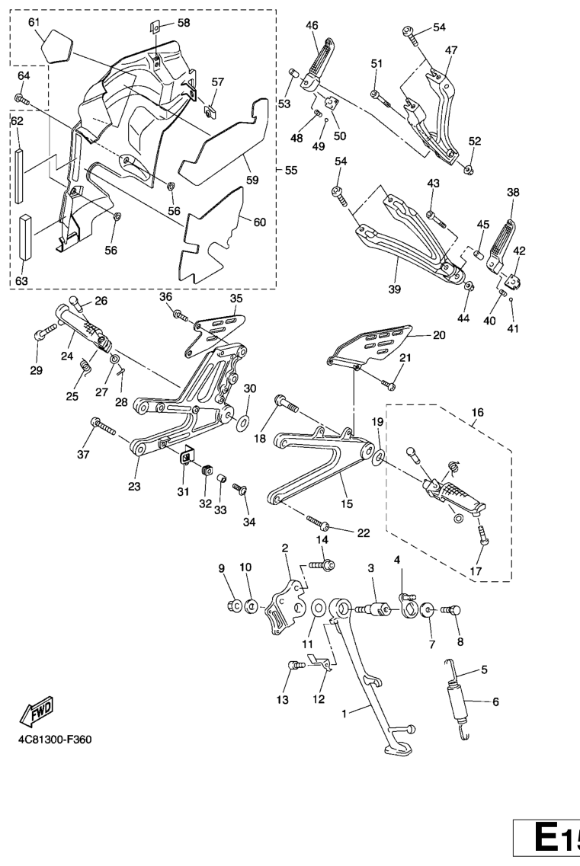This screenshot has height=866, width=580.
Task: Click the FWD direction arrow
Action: coord(37,711)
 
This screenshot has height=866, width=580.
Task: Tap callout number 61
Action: coord(34,23)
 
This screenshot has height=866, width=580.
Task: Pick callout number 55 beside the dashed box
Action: coord(290,168)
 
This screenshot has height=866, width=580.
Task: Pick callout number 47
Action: coord(451,51)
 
